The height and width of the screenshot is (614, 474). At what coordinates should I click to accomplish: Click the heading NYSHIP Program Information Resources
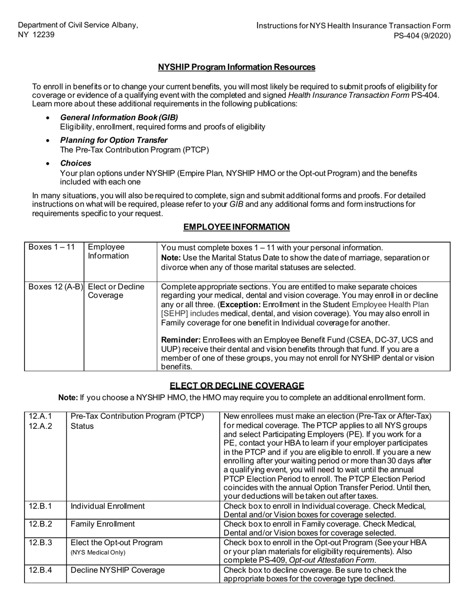point(237,67)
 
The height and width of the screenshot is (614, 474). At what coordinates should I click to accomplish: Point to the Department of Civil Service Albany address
point(78,30)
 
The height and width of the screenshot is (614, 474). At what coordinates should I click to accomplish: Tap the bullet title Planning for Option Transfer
point(114,140)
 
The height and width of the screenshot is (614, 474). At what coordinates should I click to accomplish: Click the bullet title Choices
point(75,163)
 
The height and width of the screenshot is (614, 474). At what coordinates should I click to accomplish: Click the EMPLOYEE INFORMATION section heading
point(237,227)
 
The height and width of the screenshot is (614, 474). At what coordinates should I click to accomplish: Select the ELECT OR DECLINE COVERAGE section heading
point(237,385)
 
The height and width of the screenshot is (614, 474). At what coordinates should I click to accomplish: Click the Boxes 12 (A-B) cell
point(55,287)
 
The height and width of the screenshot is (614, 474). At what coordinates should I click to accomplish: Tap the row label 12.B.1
point(40,506)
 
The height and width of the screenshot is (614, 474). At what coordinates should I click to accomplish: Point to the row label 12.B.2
point(40,524)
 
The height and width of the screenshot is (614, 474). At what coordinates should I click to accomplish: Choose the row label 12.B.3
point(40,543)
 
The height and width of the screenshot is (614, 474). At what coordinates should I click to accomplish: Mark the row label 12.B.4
point(40,570)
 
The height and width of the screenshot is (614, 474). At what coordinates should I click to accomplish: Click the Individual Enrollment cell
point(108,506)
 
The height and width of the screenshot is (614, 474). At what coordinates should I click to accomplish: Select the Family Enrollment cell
point(103,524)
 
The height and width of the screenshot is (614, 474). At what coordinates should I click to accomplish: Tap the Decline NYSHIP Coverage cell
point(118,570)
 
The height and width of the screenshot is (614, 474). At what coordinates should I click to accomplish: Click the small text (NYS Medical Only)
point(98,553)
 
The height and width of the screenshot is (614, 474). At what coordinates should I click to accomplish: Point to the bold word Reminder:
point(178,340)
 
